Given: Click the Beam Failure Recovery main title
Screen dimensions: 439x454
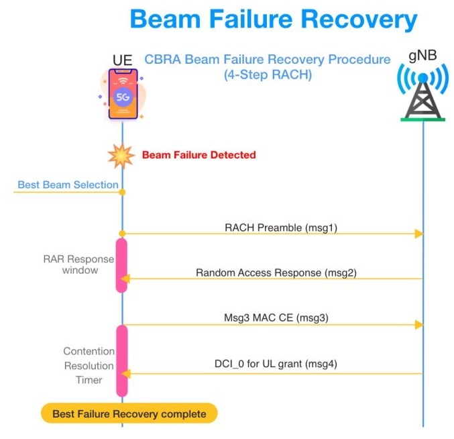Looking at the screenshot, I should pyautogui.click(x=273, y=19).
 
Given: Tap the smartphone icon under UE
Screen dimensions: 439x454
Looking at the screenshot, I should pyautogui.click(x=123, y=95).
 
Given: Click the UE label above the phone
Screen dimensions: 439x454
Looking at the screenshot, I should pyautogui.click(x=123, y=60).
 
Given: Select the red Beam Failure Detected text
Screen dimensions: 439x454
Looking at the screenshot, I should pyautogui.click(x=198, y=155).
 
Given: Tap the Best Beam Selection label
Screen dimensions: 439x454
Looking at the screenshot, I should pyautogui.click(x=68, y=185).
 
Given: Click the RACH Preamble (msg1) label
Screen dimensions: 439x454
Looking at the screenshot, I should pyautogui.click(x=280, y=227).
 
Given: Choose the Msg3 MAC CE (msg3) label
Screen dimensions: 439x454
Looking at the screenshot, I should pyautogui.click(x=276, y=318).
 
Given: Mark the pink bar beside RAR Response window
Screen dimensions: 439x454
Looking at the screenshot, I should pyautogui.click(x=122, y=265).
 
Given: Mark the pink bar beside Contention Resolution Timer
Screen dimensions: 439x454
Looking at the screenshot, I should pyautogui.click(x=122, y=360).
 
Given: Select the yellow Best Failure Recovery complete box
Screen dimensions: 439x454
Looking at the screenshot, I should pyautogui.click(x=129, y=413).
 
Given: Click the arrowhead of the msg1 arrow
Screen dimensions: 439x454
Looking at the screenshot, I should pyautogui.click(x=418, y=234).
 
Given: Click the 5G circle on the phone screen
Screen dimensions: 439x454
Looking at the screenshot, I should pyautogui.click(x=123, y=97).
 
